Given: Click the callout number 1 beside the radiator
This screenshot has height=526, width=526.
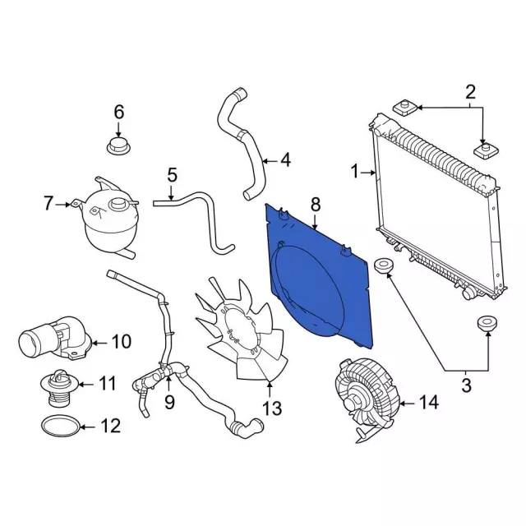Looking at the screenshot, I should [356, 173].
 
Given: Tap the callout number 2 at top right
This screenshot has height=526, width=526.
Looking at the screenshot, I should [471, 92].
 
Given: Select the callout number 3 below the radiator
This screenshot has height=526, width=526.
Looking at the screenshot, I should [466, 382].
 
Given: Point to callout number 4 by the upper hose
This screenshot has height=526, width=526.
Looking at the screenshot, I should [285, 159].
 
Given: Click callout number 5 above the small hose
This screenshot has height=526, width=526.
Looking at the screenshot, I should [172, 175].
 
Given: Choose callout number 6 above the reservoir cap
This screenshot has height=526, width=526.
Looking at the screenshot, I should [118, 111].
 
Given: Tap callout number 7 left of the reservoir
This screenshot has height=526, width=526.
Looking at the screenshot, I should [48, 203].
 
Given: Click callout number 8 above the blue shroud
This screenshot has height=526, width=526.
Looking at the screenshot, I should [315, 203].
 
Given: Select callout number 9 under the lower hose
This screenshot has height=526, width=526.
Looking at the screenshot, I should [169, 402].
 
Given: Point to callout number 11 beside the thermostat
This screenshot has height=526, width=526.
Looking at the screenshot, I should [108, 383].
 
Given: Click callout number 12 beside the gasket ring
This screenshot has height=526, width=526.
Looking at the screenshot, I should [109, 426].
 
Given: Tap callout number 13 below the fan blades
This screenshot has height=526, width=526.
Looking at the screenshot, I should [271, 408].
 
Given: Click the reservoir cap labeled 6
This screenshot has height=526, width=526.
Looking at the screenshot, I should [118, 149].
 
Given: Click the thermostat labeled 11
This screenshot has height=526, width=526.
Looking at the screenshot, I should [58, 388].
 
